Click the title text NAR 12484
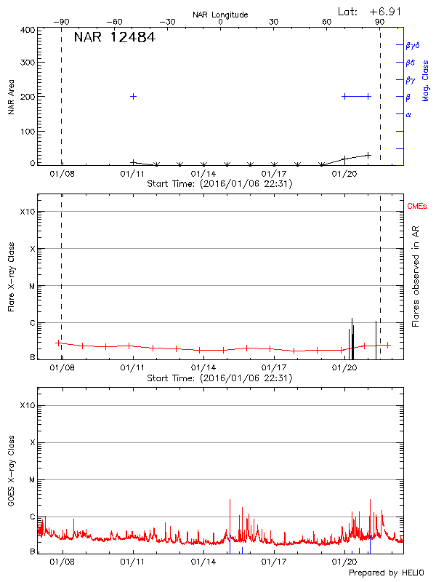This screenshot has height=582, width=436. click(114, 37)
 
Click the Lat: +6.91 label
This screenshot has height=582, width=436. click(370, 12)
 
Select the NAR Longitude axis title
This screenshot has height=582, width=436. click(220, 15)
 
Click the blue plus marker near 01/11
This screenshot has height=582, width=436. click(133, 96)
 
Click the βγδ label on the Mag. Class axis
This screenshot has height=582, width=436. click(412, 45)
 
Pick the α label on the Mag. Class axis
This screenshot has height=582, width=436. click(408, 114)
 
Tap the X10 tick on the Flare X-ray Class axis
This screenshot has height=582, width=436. click(28, 212)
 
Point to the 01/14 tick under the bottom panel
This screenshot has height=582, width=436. click(203, 562)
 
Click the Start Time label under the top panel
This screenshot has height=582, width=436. click(219, 184)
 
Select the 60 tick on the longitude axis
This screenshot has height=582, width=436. click(327, 22)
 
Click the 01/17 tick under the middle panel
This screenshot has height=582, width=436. click(274, 369)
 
